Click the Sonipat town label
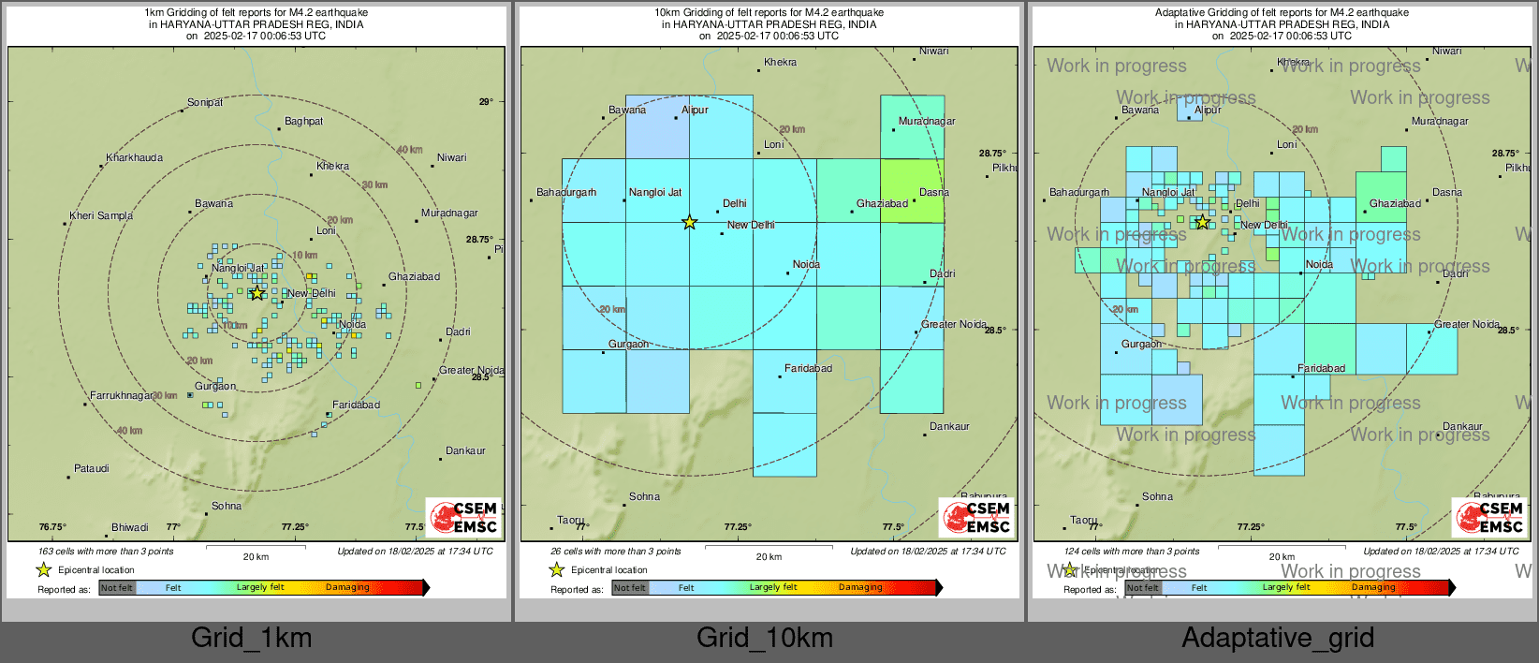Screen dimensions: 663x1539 205,103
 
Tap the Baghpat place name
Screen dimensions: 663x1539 303,122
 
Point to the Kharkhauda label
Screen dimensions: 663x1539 134,158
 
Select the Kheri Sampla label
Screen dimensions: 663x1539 101,216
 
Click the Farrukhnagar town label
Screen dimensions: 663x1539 122,396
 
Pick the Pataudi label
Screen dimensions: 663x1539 92,469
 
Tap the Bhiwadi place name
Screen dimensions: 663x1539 129,528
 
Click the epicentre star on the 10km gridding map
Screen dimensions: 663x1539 690,223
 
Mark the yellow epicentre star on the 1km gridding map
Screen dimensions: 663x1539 256,293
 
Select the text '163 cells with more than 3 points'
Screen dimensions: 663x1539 106,552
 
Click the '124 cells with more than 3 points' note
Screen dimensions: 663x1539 1132,552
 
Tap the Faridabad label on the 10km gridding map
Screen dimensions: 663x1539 808,369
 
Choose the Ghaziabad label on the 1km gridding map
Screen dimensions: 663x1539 414,277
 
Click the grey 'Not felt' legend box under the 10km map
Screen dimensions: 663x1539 630,588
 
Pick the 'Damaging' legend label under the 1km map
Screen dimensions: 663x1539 347,588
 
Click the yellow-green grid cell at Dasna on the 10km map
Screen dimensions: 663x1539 912,191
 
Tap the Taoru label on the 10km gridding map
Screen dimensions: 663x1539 570,521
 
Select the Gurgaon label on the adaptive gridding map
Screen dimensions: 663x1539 1141,345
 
